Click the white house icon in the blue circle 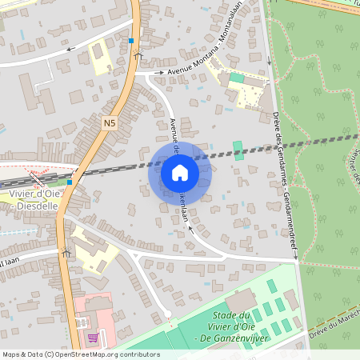179,172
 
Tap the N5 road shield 110,123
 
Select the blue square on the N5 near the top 131,39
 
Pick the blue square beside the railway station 70,182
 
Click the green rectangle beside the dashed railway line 238,150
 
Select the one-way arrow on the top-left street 70,49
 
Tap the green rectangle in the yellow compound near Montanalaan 237,78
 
